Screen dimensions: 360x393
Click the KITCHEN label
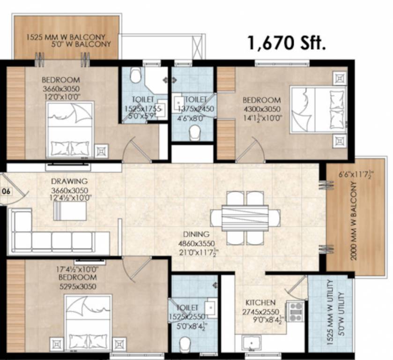(261, 302)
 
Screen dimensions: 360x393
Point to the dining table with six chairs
(245, 217)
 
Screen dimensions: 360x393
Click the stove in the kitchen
(295, 311)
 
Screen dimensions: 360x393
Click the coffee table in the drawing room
(70, 211)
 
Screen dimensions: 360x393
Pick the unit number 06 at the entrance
(6, 191)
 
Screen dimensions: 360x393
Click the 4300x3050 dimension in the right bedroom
(261, 109)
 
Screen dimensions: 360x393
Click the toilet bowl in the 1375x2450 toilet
(193, 134)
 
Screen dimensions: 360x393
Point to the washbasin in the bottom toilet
(211, 309)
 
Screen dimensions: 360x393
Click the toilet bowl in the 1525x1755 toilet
(135, 75)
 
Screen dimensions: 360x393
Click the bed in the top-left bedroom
(70, 129)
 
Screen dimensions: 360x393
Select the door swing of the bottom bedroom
(133, 268)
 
